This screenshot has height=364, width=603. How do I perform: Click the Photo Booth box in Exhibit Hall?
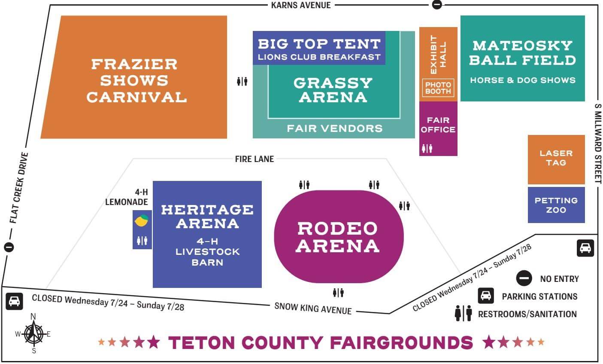pos(438,88)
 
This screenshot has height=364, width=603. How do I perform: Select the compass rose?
pos(33,334)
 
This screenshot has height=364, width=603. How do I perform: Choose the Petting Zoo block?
pos(556,205)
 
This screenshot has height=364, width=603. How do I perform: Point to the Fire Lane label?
pos(255,159)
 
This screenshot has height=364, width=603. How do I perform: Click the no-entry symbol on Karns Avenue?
pos(437,5)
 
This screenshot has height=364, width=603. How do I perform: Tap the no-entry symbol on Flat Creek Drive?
pos(9,247)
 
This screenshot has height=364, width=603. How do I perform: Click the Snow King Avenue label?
pos(313,308)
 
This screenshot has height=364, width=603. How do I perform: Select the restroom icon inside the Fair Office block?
pos(427,149)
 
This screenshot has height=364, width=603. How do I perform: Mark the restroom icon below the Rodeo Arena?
pos(338,293)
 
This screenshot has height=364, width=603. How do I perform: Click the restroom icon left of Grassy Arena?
pos(242,81)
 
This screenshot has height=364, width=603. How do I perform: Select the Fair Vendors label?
pos(335,128)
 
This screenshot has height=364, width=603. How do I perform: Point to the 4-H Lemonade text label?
pos(127,197)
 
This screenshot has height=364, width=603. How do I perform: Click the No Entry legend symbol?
pos(524,278)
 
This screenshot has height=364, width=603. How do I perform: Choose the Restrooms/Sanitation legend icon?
pos(463,314)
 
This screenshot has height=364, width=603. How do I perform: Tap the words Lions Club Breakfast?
pos(319,57)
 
